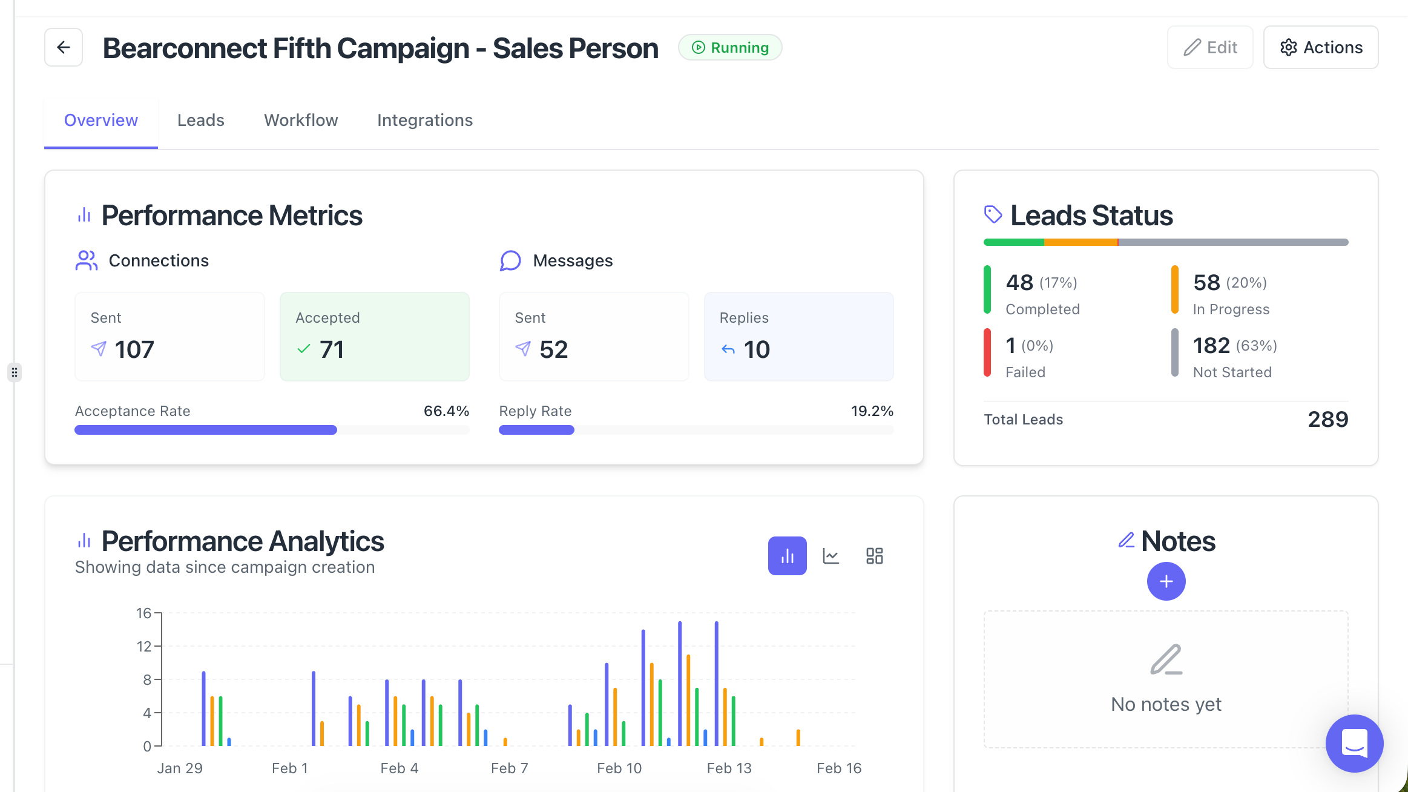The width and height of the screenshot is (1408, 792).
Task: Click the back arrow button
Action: coord(64,47)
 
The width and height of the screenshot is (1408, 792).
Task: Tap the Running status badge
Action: coord(730,47)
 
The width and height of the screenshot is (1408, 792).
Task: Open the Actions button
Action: coord(1321,47)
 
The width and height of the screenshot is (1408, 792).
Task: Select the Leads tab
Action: coord(201,120)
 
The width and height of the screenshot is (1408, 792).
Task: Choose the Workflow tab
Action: coord(301,120)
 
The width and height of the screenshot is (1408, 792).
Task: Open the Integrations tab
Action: coord(425,120)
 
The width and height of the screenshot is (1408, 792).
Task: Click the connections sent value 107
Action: coord(134,349)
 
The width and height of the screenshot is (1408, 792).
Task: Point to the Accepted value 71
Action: coord(332,349)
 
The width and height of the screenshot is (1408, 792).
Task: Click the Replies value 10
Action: coord(757,349)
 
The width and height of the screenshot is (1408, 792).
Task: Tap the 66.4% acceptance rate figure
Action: coord(446,411)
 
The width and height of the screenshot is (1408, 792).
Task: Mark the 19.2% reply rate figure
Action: coord(872,411)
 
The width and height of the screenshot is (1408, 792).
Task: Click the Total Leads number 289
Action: coord(1327,419)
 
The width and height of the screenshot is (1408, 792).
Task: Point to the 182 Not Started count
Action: coord(1211,346)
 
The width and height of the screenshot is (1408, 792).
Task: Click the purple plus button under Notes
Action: coord(1166,581)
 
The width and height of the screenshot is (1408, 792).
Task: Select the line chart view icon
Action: coord(831,556)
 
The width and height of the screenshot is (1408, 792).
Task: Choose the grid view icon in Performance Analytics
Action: coord(875,556)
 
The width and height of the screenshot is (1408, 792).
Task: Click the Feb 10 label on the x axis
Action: coord(619,768)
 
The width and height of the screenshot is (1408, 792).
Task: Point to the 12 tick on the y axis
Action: coord(144,647)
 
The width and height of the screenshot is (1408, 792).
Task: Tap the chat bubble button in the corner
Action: coord(1354,743)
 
